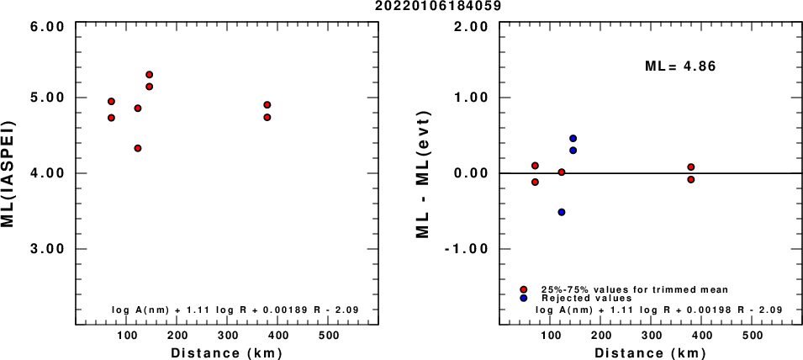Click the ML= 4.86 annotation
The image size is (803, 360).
coord(679,65)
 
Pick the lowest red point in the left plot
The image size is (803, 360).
coord(137,148)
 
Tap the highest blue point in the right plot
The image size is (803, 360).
coord(573,138)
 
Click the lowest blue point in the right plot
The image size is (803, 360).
coord(561,212)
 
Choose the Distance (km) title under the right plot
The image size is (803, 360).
coord(648,352)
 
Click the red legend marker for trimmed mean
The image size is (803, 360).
coord(524,289)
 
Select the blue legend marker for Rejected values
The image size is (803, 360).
coord(524,299)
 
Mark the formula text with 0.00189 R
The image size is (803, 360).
coord(235,310)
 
